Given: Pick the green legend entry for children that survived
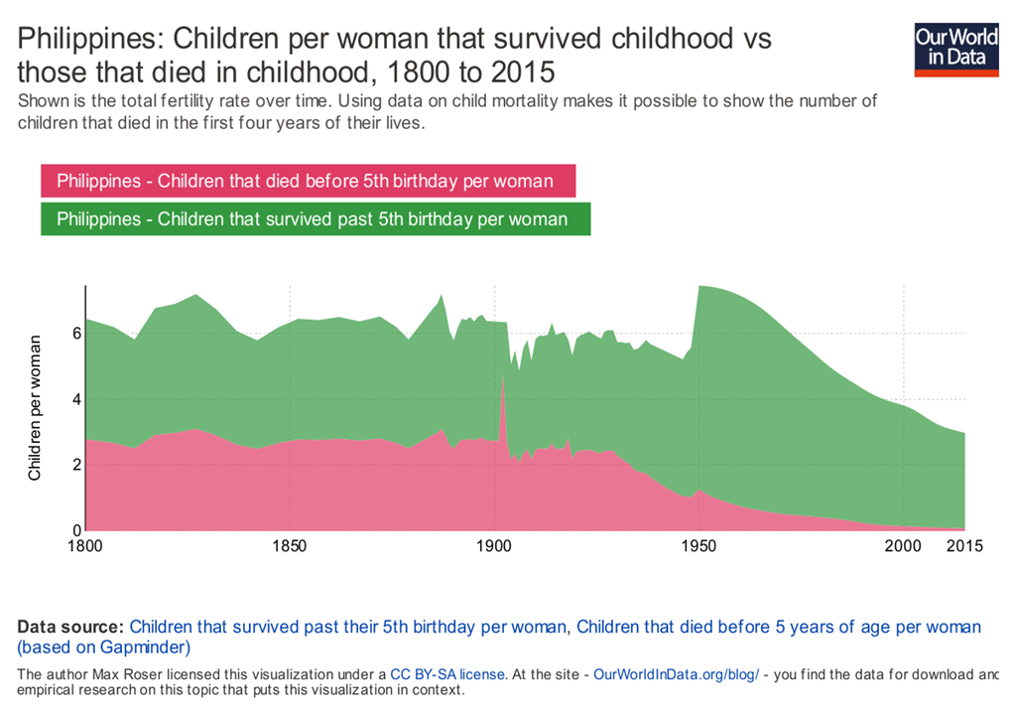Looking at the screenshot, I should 314,218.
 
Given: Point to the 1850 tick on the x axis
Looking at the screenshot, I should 289,546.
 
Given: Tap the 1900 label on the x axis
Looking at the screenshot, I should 494,546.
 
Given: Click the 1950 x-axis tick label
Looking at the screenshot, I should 699,546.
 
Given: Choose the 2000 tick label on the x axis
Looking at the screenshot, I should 904,546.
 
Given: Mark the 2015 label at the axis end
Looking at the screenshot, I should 959,546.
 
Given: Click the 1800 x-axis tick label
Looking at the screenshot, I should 86,546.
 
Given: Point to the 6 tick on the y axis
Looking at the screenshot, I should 74,334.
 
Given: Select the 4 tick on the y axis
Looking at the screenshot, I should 74,399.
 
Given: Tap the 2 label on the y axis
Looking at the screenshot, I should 74,465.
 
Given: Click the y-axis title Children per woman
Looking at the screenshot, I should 35,408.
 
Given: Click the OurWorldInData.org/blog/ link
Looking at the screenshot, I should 676,674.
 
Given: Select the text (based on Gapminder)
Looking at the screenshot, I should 103,648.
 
